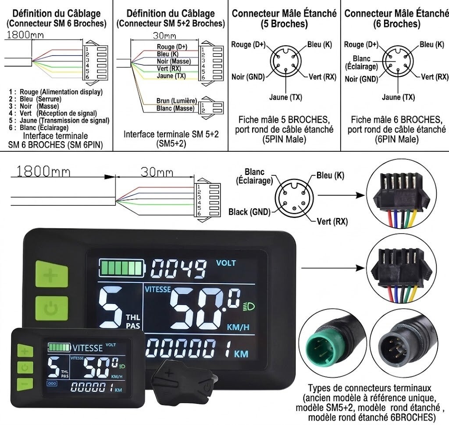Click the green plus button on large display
coord(52,274)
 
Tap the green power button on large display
coord(52,309)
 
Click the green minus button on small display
coord(25,384)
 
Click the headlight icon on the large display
coord(249,307)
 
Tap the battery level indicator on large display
coord(122,268)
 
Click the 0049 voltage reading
coord(178,268)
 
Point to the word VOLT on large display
coord(226,263)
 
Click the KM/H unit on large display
coord(238,327)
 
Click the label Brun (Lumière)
coord(177,101)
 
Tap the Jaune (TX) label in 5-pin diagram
coord(286,97)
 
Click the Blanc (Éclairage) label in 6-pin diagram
coord(361,63)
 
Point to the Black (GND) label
coord(249,212)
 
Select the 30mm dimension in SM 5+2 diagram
coord(164,36)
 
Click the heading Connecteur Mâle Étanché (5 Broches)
coord(284,18)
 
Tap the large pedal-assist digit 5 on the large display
coord(111,307)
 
